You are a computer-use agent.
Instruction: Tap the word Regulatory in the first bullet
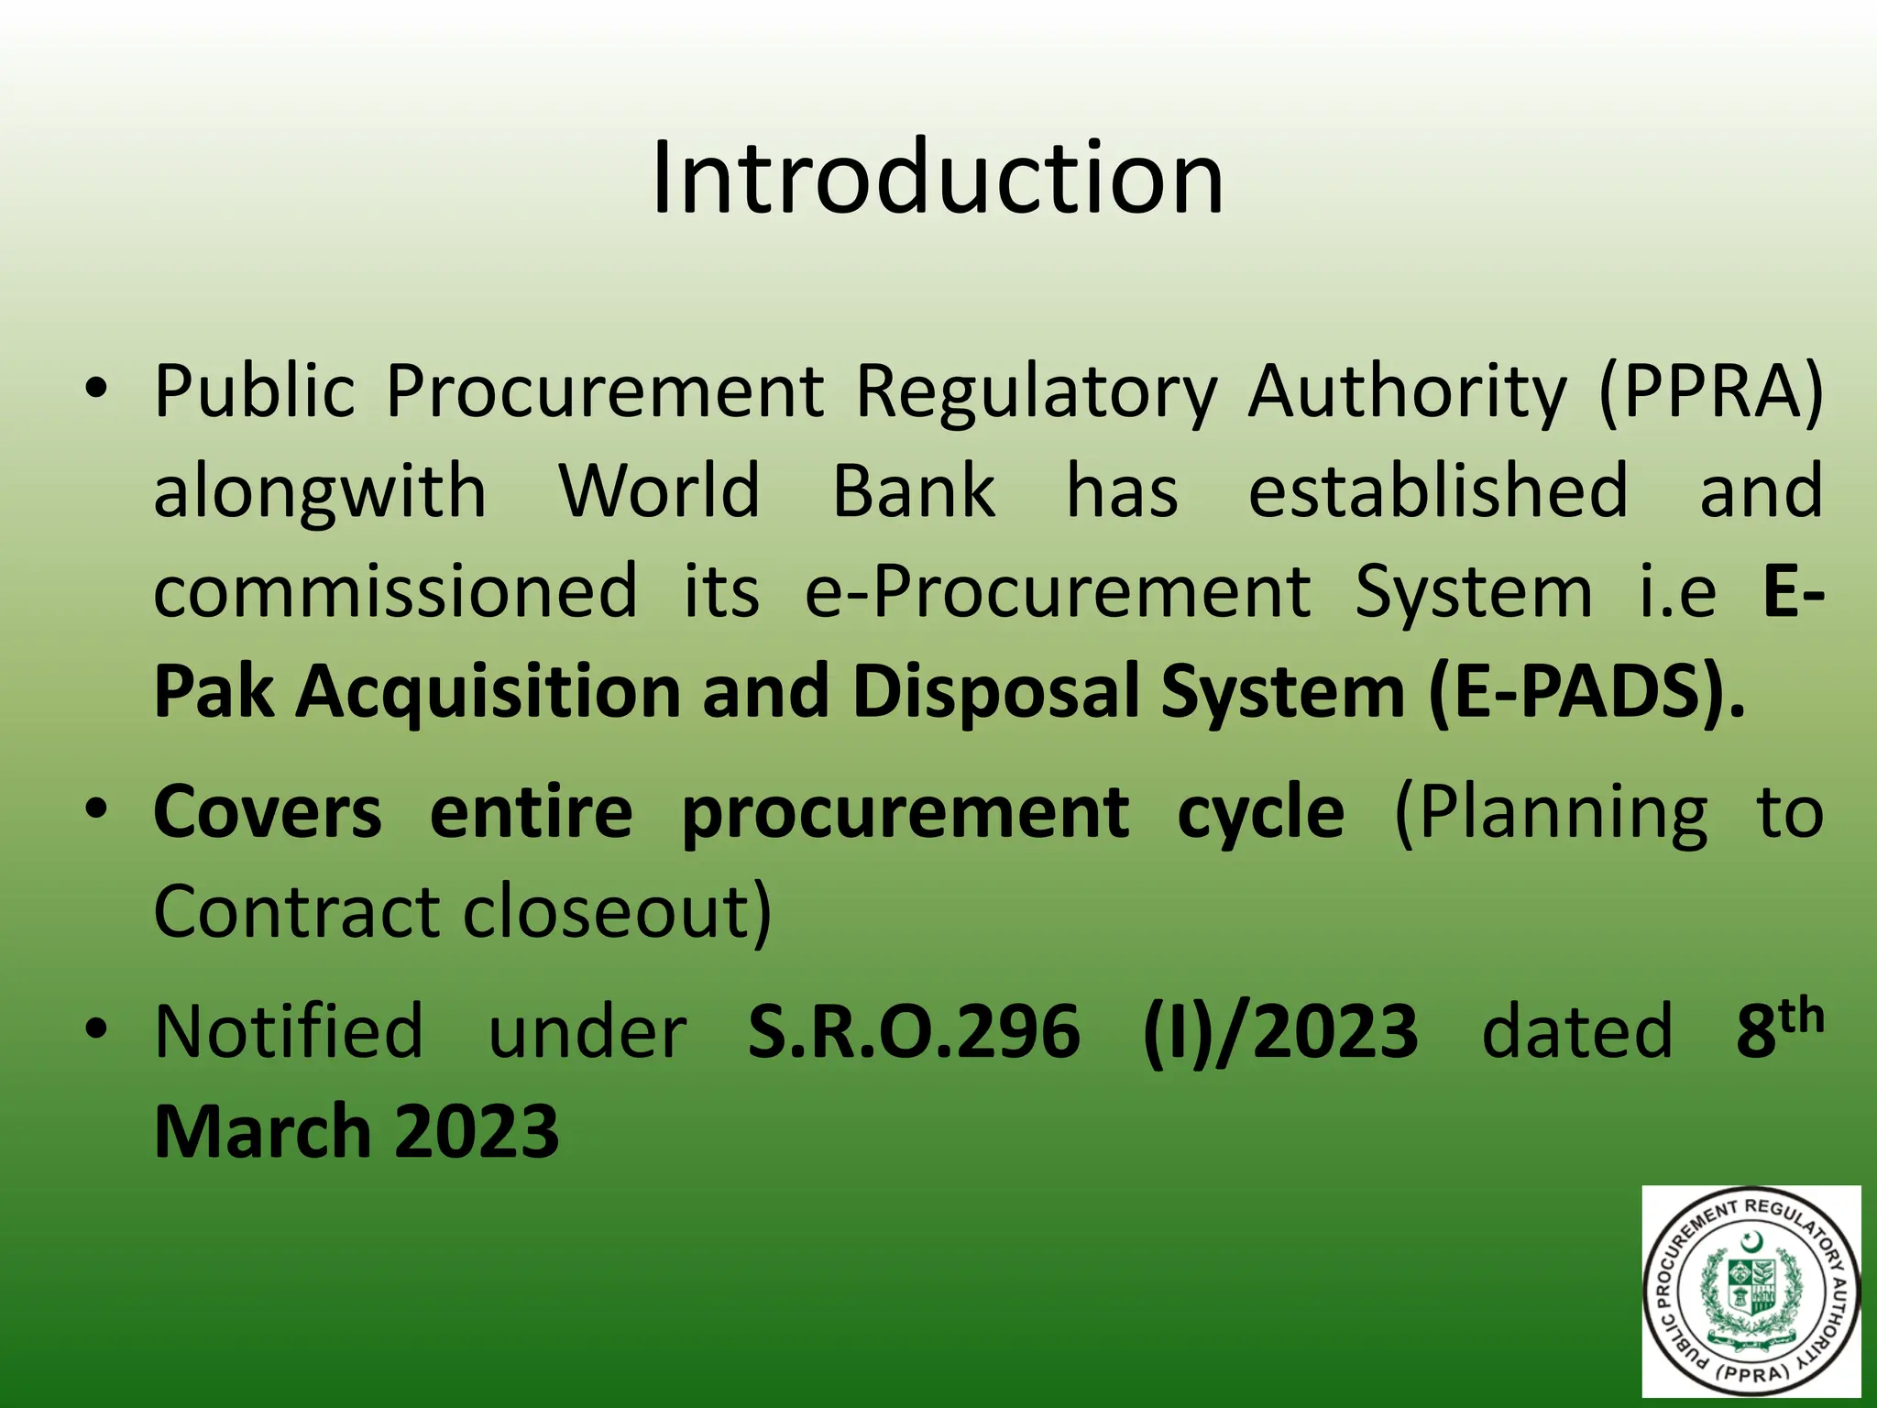1036,392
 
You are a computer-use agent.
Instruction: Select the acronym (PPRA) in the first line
1711,392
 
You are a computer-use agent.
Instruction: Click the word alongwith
320,492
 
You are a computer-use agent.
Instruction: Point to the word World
660,490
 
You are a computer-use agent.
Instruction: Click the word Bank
913,490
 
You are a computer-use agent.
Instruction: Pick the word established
1438,490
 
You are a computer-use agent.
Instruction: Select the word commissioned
395,591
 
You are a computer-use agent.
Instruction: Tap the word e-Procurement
1058,591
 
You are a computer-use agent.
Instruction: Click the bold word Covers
268,812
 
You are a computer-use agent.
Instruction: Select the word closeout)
617,912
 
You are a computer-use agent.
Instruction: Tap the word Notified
289,1032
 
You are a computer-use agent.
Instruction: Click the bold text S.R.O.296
914,1032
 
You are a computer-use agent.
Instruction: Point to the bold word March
261,1132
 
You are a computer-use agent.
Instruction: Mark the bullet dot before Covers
94,808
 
